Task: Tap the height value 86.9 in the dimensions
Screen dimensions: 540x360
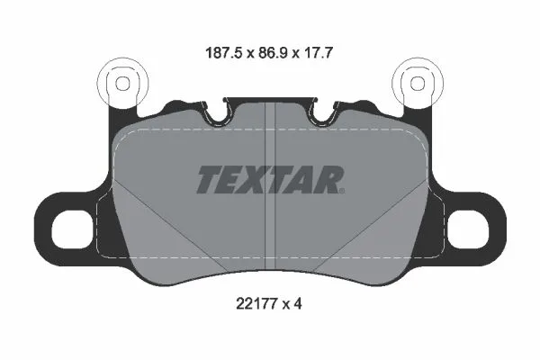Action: [273, 53]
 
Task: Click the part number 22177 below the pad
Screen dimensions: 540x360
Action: [256, 304]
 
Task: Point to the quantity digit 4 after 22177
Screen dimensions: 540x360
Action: [298, 304]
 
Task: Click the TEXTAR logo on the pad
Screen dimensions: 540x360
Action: [270, 179]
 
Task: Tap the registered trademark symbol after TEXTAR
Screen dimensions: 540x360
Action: [342, 191]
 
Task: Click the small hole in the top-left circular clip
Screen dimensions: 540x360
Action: [122, 84]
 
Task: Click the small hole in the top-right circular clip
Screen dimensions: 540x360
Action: [418, 84]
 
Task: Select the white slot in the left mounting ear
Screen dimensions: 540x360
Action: [72, 229]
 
